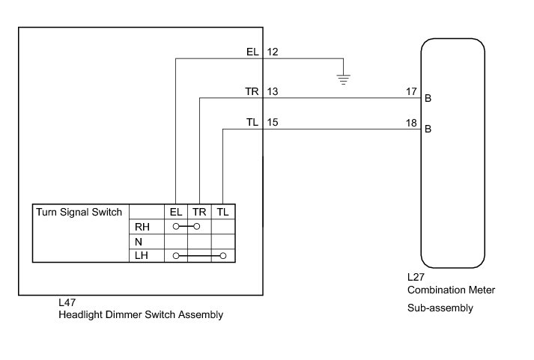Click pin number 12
(x=273, y=52)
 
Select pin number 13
(x=273, y=91)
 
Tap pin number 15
(x=273, y=122)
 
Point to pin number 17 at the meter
(x=411, y=91)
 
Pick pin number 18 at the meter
(x=411, y=122)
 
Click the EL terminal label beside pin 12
(x=252, y=52)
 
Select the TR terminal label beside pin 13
(x=252, y=91)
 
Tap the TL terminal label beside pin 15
(x=252, y=122)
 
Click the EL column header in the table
(x=176, y=213)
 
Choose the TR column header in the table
(x=199, y=213)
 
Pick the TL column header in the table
(x=223, y=213)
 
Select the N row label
(x=139, y=242)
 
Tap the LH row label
(x=142, y=256)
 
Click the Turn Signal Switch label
(x=79, y=212)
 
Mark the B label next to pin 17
(x=428, y=98)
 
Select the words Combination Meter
(x=451, y=290)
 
